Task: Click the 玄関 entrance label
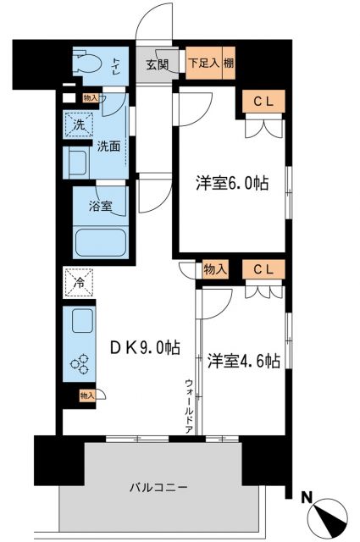156,64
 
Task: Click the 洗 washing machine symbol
77,124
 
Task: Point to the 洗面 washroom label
108,145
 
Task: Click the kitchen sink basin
84,322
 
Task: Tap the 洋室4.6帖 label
242,361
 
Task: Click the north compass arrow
328,517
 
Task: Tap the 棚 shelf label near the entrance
229,63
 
